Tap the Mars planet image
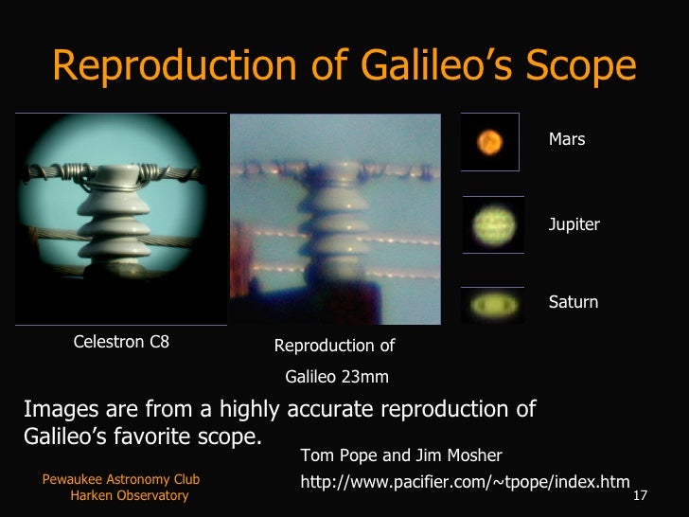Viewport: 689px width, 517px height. point(489,142)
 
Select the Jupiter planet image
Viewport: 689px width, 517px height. point(492,224)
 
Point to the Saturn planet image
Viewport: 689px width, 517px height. point(492,305)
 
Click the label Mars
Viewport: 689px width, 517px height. point(567,139)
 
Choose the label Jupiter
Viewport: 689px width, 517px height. point(574,224)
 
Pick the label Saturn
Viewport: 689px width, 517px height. point(574,302)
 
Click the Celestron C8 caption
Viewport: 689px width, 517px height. point(121,343)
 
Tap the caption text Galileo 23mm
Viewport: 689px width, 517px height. point(337,377)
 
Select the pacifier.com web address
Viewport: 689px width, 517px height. point(464,482)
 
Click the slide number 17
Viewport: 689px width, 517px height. point(639,496)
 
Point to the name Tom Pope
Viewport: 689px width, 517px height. point(334,455)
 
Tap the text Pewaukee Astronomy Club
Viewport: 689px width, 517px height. point(121,480)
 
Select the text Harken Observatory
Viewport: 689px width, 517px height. point(129,495)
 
